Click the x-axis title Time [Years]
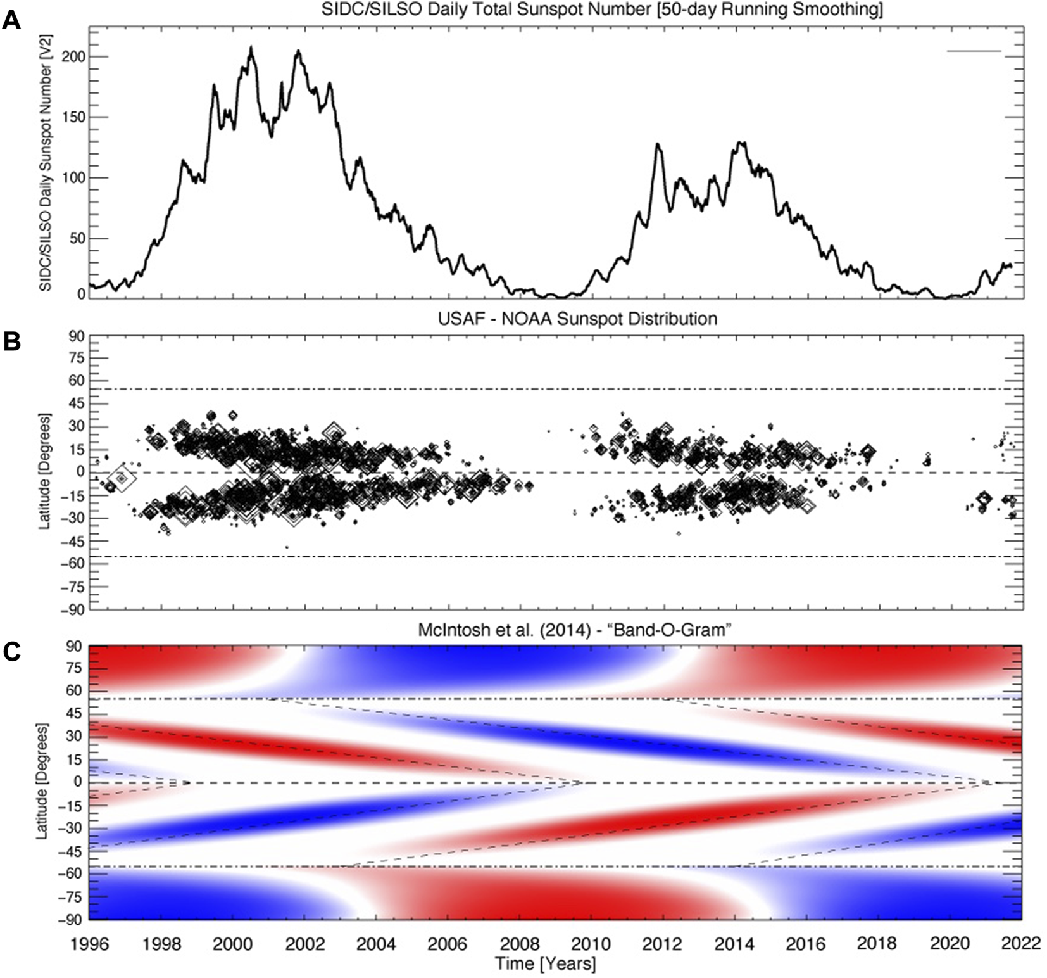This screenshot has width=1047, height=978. [545, 964]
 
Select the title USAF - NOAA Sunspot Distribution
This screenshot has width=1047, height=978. [577, 319]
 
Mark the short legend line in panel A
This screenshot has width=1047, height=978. [974, 51]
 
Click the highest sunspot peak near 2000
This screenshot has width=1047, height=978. [251, 48]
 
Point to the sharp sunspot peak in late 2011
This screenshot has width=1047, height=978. [658, 145]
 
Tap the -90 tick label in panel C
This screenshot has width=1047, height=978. [71, 919]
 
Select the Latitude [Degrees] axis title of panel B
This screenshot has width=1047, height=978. [45, 472]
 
